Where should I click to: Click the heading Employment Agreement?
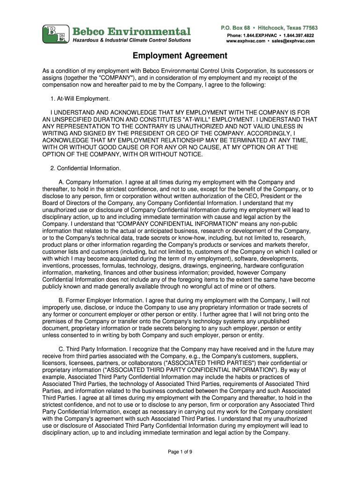(x=180, y=56)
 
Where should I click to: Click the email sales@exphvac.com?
(x=294, y=41)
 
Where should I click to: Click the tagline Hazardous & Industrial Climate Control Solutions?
(x=131, y=40)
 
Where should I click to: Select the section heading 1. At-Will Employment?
(x=80, y=99)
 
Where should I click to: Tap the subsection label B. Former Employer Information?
(x=101, y=300)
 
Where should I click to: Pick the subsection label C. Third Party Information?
(x=93, y=349)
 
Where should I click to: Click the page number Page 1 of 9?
(x=180, y=451)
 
